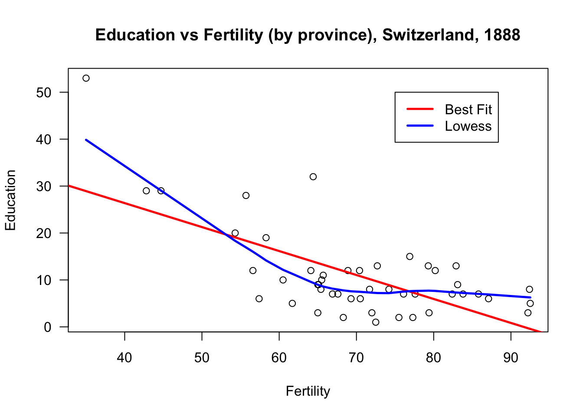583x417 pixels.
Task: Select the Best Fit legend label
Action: (x=468, y=109)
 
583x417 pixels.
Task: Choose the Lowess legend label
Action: (x=468, y=126)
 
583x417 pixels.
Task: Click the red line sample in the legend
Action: (x=420, y=109)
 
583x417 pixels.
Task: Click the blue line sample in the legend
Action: (x=420, y=126)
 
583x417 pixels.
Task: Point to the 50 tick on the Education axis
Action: (x=44, y=93)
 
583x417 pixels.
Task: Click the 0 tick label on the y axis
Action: (x=48, y=327)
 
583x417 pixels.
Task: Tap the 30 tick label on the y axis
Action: (x=44, y=186)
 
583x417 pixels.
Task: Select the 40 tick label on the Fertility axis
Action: (x=124, y=357)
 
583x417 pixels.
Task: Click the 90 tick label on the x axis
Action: (x=511, y=357)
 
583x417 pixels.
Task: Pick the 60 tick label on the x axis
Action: (x=279, y=357)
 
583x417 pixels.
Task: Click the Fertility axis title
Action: (x=308, y=391)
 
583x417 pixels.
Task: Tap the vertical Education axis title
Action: (x=10, y=200)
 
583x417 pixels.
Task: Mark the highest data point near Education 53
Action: (x=86, y=78)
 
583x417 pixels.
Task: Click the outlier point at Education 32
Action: (x=313, y=177)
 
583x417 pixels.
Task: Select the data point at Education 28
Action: (x=246, y=195)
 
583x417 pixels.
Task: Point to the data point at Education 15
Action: (x=409, y=256)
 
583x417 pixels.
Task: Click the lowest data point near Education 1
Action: (x=376, y=322)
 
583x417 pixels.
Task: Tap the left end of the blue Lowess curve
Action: (x=86, y=140)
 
